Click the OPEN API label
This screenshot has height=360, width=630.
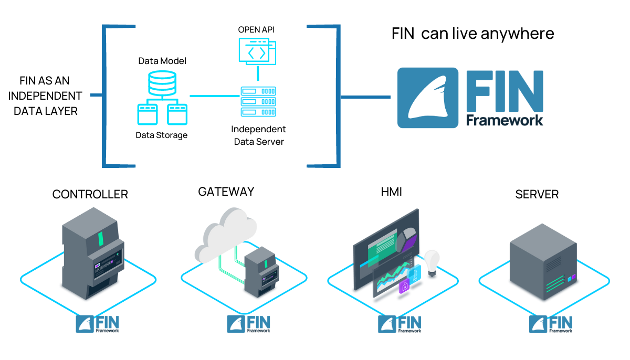[x=256, y=29]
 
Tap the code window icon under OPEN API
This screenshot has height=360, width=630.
[x=256, y=51]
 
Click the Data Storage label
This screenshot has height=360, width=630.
[x=162, y=135]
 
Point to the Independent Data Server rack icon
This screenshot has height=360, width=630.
[x=258, y=102]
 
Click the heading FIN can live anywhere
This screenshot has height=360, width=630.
[x=472, y=34]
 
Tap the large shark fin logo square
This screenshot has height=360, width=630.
[x=427, y=98]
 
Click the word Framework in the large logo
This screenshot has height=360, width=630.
[x=505, y=120]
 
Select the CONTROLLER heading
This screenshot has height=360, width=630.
[x=90, y=195]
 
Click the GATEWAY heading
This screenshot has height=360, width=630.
[x=226, y=192]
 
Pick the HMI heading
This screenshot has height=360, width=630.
[x=391, y=193]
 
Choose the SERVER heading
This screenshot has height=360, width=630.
[x=537, y=195]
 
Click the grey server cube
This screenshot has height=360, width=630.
[x=544, y=261]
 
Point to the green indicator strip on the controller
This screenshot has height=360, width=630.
[x=100, y=240]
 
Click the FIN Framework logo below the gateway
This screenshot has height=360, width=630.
[x=248, y=324]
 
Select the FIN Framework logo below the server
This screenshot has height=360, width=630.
[x=551, y=324]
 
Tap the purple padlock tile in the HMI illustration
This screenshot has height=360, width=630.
[x=404, y=287]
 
